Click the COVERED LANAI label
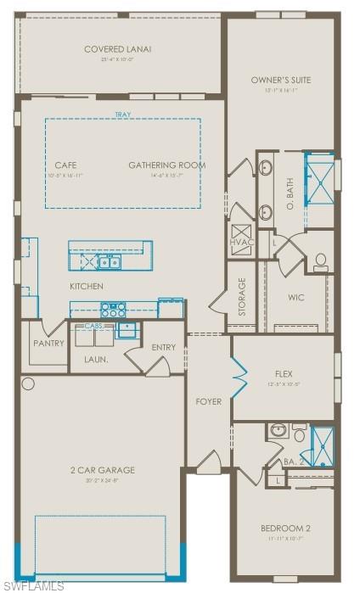117,49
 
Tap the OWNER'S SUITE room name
280,80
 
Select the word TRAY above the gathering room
123,115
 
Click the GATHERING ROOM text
166,165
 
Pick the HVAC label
241,243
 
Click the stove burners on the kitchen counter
113,309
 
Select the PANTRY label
48,344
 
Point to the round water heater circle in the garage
28,384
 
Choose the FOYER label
208,401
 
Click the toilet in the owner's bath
322,262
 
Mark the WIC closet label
295,298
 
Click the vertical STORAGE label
242,297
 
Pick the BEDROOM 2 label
284,529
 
